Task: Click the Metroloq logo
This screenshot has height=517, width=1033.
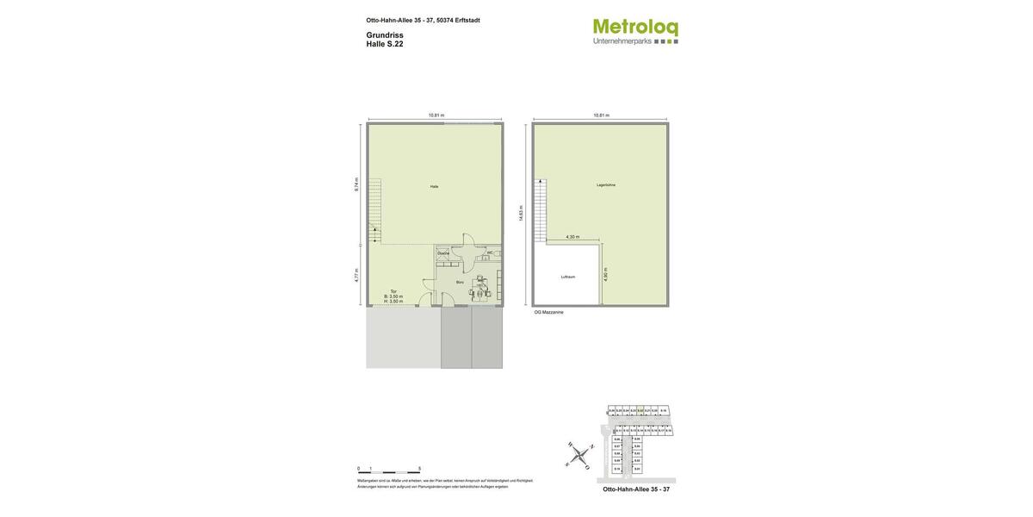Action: pos(635,32)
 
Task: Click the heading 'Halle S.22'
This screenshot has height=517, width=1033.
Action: pos(385,44)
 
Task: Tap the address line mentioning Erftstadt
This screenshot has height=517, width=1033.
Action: pos(423,20)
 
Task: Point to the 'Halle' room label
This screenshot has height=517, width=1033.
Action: pos(434,186)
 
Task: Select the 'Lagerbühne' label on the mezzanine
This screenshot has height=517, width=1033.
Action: pos(606,184)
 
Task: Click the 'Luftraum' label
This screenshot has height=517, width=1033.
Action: pos(568,277)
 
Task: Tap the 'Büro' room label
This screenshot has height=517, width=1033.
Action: pos(460,282)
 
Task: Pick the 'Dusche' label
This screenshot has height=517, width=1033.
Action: pos(443,253)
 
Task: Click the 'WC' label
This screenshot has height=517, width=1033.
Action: pos(490,252)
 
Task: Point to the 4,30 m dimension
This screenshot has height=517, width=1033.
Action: pos(572,237)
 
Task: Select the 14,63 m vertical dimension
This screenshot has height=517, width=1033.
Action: pos(521,213)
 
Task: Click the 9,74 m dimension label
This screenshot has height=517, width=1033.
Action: pos(356,184)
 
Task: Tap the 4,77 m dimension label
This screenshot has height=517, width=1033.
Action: pos(356,276)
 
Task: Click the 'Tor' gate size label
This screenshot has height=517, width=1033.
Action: pos(393,296)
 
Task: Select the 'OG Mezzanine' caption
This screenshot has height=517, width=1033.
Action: pos(549,312)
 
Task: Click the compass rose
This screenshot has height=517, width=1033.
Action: pos(579,454)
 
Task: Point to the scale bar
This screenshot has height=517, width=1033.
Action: pos(389,472)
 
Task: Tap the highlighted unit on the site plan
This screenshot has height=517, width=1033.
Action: pos(640,411)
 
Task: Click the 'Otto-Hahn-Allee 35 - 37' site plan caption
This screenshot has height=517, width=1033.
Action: pos(636,489)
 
